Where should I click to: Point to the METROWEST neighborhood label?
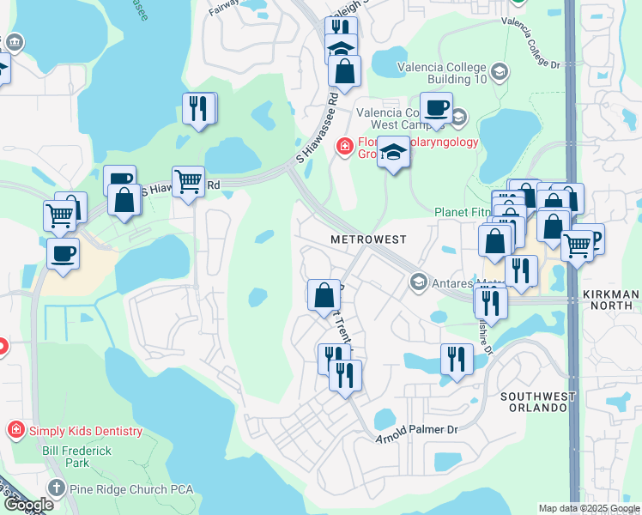tap(369, 239)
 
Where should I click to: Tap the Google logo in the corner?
tap(27, 505)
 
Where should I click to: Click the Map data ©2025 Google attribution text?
tap(589, 508)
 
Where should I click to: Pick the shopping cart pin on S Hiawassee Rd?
tap(188, 182)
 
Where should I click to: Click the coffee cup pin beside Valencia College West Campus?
tap(436, 108)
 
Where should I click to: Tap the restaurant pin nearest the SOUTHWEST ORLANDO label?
tap(457, 359)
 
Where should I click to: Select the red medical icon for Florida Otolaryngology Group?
tap(345, 148)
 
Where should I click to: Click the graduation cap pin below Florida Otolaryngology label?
tap(394, 153)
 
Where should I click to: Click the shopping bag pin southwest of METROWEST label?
tap(324, 295)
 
